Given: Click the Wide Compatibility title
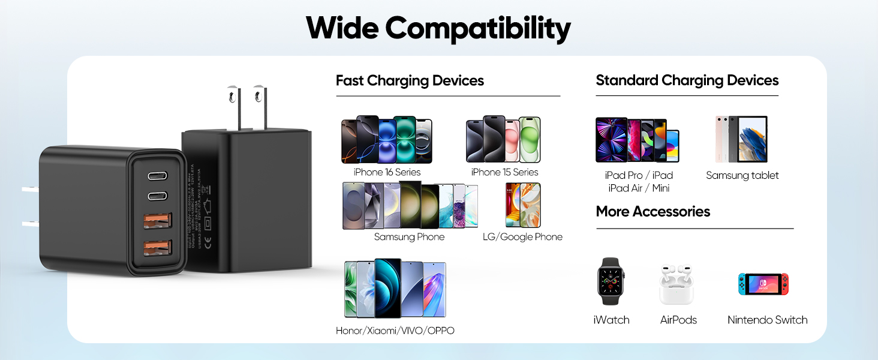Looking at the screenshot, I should pyautogui.click(x=438, y=28).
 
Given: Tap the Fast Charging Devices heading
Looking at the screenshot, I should pyautogui.click(x=410, y=80).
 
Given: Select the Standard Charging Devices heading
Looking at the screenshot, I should pyautogui.click(x=687, y=80).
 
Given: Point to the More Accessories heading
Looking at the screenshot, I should pyautogui.click(x=653, y=211).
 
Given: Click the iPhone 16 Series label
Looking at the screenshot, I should pyautogui.click(x=387, y=172).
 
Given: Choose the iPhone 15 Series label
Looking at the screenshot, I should pyautogui.click(x=504, y=172).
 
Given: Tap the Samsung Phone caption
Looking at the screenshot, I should pyautogui.click(x=409, y=237).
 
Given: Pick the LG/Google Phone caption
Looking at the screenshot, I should pyautogui.click(x=522, y=237).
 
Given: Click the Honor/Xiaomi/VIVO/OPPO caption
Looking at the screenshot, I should pyautogui.click(x=395, y=331).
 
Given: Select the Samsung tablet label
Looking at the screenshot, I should pyautogui.click(x=742, y=175).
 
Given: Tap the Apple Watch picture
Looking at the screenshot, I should pyautogui.click(x=611, y=281).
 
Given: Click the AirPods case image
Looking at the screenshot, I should pyautogui.click(x=676, y=284).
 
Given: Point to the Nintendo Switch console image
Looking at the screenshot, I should pyautogui.click(x=763, y=284).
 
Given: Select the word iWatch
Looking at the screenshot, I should pyautogui.click(x=611, y=320).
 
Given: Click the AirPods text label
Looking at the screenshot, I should pyautogui.click(x=678, y=320).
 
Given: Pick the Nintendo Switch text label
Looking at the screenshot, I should pyautogui.click(x=767, y=320).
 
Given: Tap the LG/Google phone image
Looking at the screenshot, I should pyautogui.click(x=522, y=205).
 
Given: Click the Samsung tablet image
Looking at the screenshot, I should pyautogui.click(x=741, y=139).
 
